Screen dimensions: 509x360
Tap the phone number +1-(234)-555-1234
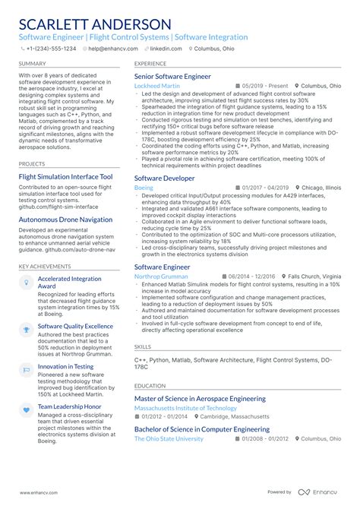(x=51, y=48)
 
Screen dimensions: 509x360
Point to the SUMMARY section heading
(x=32, y=65)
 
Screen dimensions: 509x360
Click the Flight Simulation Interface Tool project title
(x=65, y=176)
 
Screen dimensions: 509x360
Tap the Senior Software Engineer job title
(x=172, y=77)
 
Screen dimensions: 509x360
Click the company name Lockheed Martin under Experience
(x=157, y=87)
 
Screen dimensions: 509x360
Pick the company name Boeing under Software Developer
(x=144, y=187)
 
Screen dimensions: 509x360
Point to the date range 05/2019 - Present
(x=264, y=87)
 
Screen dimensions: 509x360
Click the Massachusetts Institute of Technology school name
(x=185, y=408)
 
